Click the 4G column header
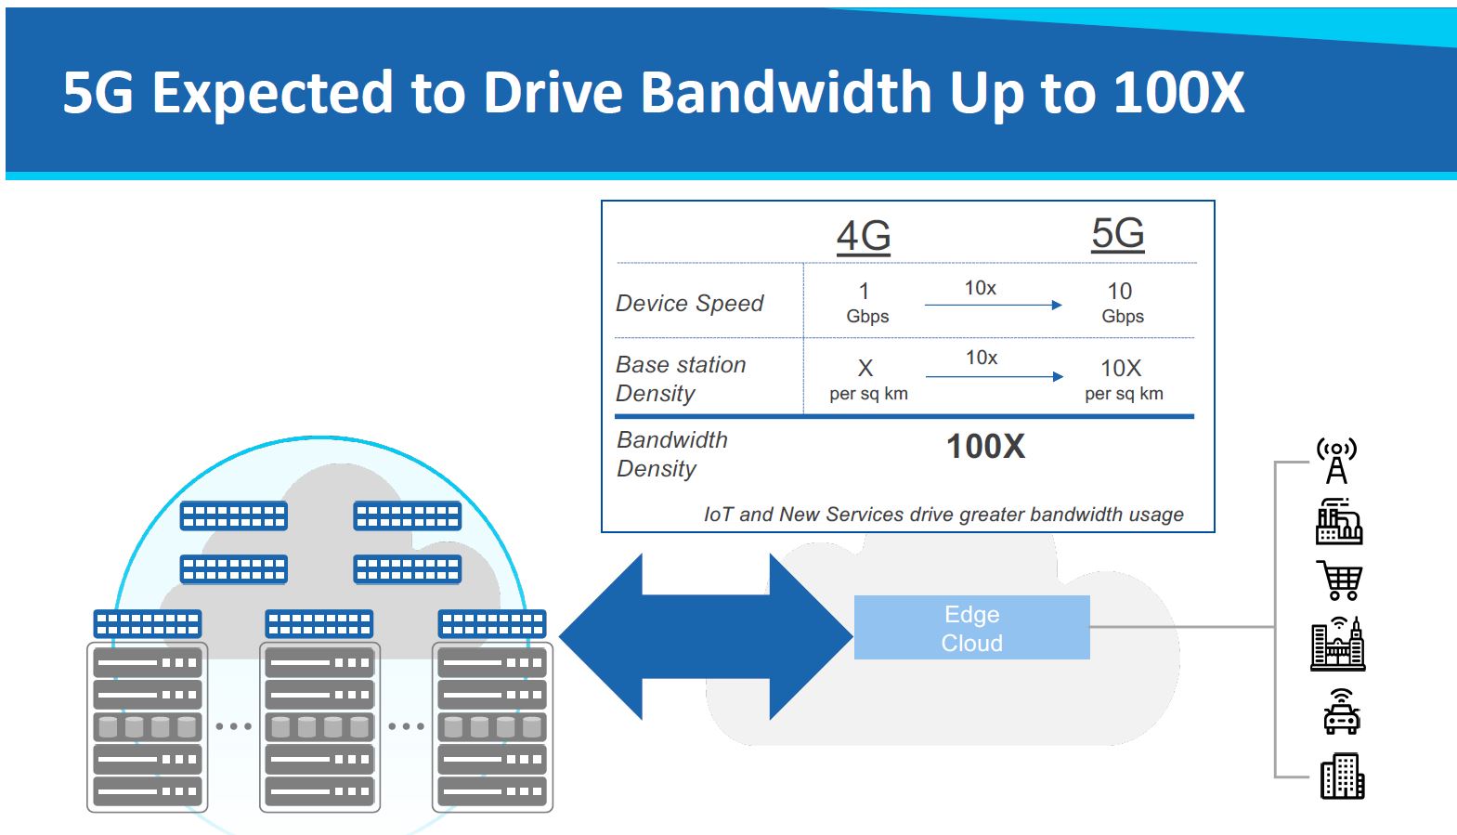tap(864, 236)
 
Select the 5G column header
tap(1117, 233)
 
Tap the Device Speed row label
tap(689, 303)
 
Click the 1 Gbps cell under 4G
tap(866, 303)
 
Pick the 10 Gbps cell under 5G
tap(1122, 303)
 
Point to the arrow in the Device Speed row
tap(993, 305)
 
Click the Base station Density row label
tap(681, 378)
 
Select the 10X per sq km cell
tap(1123, 379)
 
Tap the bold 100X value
tap(985, 447)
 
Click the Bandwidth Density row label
tap(672, 453)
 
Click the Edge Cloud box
tap(971, 628)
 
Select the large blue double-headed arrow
tap(706, 636)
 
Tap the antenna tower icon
tap(1336, 462)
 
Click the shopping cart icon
tap(1340, 581)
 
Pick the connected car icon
tap(1341, 711)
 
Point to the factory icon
tap(1338, 522)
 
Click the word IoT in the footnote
tap(718, 515)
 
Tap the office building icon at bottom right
tap(1342, 776)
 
